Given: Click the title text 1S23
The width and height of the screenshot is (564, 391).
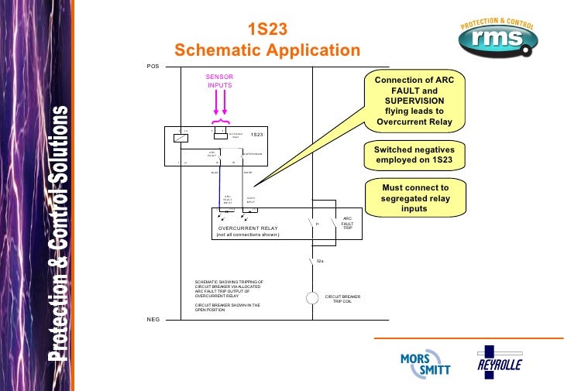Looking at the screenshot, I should (x=267, y=29).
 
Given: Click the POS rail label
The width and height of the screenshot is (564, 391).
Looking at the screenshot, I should (x=153, y=67).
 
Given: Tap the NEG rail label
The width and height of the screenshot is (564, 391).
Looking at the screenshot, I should (x=153, y=319).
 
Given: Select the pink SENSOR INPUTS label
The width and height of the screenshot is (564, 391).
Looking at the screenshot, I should (x=219, y=81).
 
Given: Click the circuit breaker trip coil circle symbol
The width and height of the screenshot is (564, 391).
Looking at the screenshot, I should (x=312, y=298).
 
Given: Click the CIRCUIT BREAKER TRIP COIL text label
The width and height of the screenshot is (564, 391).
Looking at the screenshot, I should (x=342, y=299).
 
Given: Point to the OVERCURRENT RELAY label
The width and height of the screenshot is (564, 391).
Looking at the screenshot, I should (x=247, y=228).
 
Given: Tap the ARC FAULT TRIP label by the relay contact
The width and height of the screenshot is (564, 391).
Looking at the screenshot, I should (x=346, y=224).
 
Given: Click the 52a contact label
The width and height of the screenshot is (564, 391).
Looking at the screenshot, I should (x=319, y=261).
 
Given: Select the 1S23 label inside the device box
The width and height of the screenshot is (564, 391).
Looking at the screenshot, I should (x=256, y=135).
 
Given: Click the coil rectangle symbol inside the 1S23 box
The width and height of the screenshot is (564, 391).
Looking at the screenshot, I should (x=181, y=137).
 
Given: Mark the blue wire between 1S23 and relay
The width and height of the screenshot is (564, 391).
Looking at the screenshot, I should (x=220, y=186).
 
